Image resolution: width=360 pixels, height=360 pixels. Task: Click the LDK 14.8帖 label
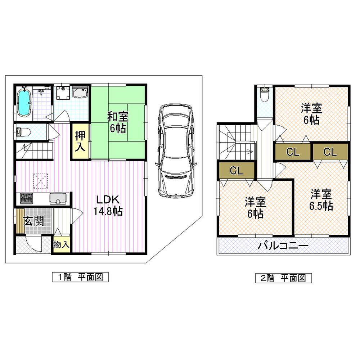click(108, 206)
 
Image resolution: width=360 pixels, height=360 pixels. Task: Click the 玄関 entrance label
click(34, 221)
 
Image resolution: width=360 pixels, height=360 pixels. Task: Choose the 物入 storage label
click(61, 245)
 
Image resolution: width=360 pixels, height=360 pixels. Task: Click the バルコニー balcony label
click(283, 246)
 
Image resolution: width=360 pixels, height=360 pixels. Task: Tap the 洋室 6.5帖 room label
click(321, 200)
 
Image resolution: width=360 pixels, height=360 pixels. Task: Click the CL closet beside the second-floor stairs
click(237, 171)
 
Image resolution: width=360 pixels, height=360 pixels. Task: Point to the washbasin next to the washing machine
click(80, 93)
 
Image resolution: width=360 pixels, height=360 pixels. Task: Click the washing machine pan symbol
click(63, 93)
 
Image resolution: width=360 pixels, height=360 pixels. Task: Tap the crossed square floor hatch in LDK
click(41, 181)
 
